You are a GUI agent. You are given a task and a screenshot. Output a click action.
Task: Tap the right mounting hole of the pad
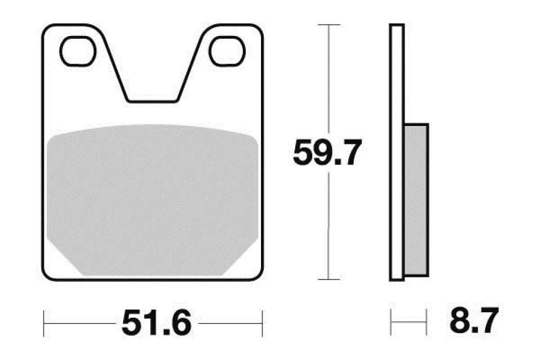(x=226, y=50)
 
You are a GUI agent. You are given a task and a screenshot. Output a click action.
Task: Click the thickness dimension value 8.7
(x=474, y=323)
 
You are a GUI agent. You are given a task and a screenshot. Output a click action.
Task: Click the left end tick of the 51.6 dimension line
(x=44, y=323)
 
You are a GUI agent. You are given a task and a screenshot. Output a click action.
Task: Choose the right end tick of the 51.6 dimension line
(x=263, y=323)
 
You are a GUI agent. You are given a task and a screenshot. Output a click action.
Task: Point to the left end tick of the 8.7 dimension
(x=390, y=323)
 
